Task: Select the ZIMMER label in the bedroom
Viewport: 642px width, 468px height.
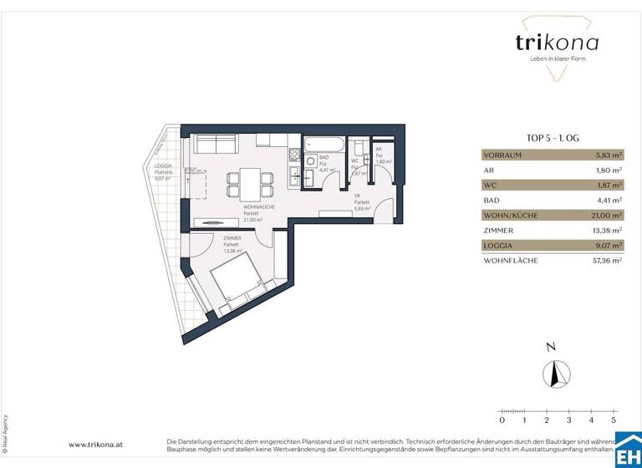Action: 232,238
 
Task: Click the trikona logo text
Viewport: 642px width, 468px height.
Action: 556,43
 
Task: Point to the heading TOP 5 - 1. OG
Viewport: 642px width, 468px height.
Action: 553,139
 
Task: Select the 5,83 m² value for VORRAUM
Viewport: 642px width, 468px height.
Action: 609,155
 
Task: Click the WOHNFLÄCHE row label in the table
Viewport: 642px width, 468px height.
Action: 511,261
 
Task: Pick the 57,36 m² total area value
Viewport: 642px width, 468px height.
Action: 606,261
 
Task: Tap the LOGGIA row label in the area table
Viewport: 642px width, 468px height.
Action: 498,246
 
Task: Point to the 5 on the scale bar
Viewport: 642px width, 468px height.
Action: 614,420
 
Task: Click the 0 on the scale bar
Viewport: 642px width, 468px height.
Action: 502,420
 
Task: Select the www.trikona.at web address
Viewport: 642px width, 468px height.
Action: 96,445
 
